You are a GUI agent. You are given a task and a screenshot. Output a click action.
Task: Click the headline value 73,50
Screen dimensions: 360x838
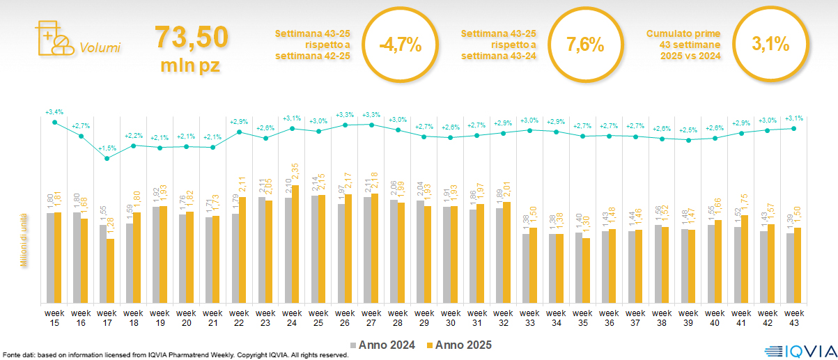pyautogui.click(x=191, y=37)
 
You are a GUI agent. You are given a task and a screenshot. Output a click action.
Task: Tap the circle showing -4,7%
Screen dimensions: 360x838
pyautogui.click(x=400, y=46)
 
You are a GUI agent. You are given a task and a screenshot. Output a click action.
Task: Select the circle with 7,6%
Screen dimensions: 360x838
pyautogui.click(x=584, y=46)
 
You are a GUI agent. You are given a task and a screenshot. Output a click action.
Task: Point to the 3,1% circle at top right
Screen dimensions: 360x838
pyautogui.click(x=770, y=46)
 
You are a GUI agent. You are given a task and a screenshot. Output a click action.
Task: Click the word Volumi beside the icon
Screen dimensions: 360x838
pyautogui.click(x=100, y=48)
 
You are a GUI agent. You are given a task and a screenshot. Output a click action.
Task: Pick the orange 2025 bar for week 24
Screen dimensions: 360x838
pyautogui.click(x=295, y=244)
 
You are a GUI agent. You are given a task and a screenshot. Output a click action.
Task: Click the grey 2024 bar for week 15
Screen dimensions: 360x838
pyautogui.click(x=50, y=258)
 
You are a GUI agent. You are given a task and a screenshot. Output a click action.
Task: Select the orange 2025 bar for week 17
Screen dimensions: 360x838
pyautogui.click(x=110, y=271)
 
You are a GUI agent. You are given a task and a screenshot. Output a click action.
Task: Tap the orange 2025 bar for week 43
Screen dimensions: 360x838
pyautogui.click(x=798, y=265)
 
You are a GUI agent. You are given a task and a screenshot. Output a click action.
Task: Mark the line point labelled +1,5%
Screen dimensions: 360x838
pyautogui.click(x=107, y=159)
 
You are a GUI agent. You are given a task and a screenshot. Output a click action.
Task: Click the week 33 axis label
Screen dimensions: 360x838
pyautogui.click(x=529, y=318)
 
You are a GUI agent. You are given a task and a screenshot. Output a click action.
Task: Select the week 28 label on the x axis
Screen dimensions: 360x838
pyautogui.click(x=398, y=318)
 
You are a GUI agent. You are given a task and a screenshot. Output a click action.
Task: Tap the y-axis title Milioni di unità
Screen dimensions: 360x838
pyautogui.click(x=23, y=240)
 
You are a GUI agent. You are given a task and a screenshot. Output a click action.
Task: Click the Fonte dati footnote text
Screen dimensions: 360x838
pyautogui.click(x=174, y=355)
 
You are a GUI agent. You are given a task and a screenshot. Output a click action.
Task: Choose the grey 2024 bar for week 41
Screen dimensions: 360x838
pyautogui.click(x=738, y=265)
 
